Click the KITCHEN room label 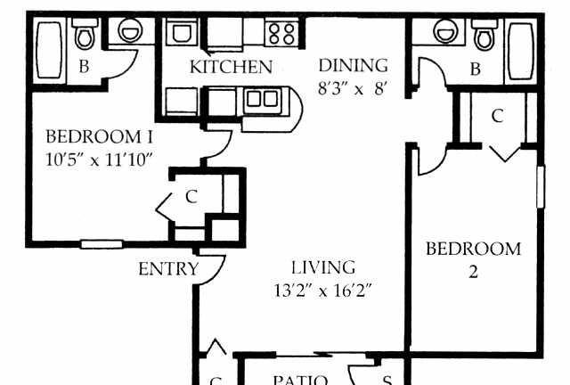(x=231, y=67)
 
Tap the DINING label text (x=353, y=65)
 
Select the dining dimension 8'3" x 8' (x=352, y=88)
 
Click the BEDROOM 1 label (x=99, y=137)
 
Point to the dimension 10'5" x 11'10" (x=99, y=160)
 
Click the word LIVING (x=323, y=267)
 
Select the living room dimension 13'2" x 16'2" (x=322, y=291)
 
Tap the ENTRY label (x=168, y=269)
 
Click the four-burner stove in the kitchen (x=281, y=34)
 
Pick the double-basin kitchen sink (x=263, y=99)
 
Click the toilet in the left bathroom (x=85, y=34)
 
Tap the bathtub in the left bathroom (x=50, y=50)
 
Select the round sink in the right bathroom (x=445, y=31)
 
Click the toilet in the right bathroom (x=484, y=35)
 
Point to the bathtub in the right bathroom (x=521, y=51)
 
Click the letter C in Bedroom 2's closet (x=497, y=116)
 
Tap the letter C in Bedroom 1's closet (x=191, y=196)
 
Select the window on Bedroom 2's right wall (x=541, y=186)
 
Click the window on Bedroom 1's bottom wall (x=102, y=244)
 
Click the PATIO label (x=300, y=380)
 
